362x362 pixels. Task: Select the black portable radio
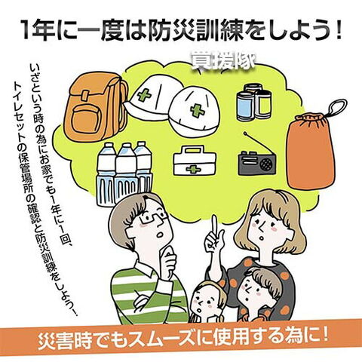[x=257, y=163]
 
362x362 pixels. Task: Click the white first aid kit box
[x=195, y=161]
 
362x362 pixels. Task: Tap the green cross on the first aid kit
[x=194, y=170]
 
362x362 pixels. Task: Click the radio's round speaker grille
[x=266, y=164]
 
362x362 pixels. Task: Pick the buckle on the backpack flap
[x=85, y=95]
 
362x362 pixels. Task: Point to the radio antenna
[x=257, y=142]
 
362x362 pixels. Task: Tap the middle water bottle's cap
[x=126, y=146]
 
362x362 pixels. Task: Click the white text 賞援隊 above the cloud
[x=222, y=60]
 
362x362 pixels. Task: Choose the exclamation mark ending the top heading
[x=337, y=29]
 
